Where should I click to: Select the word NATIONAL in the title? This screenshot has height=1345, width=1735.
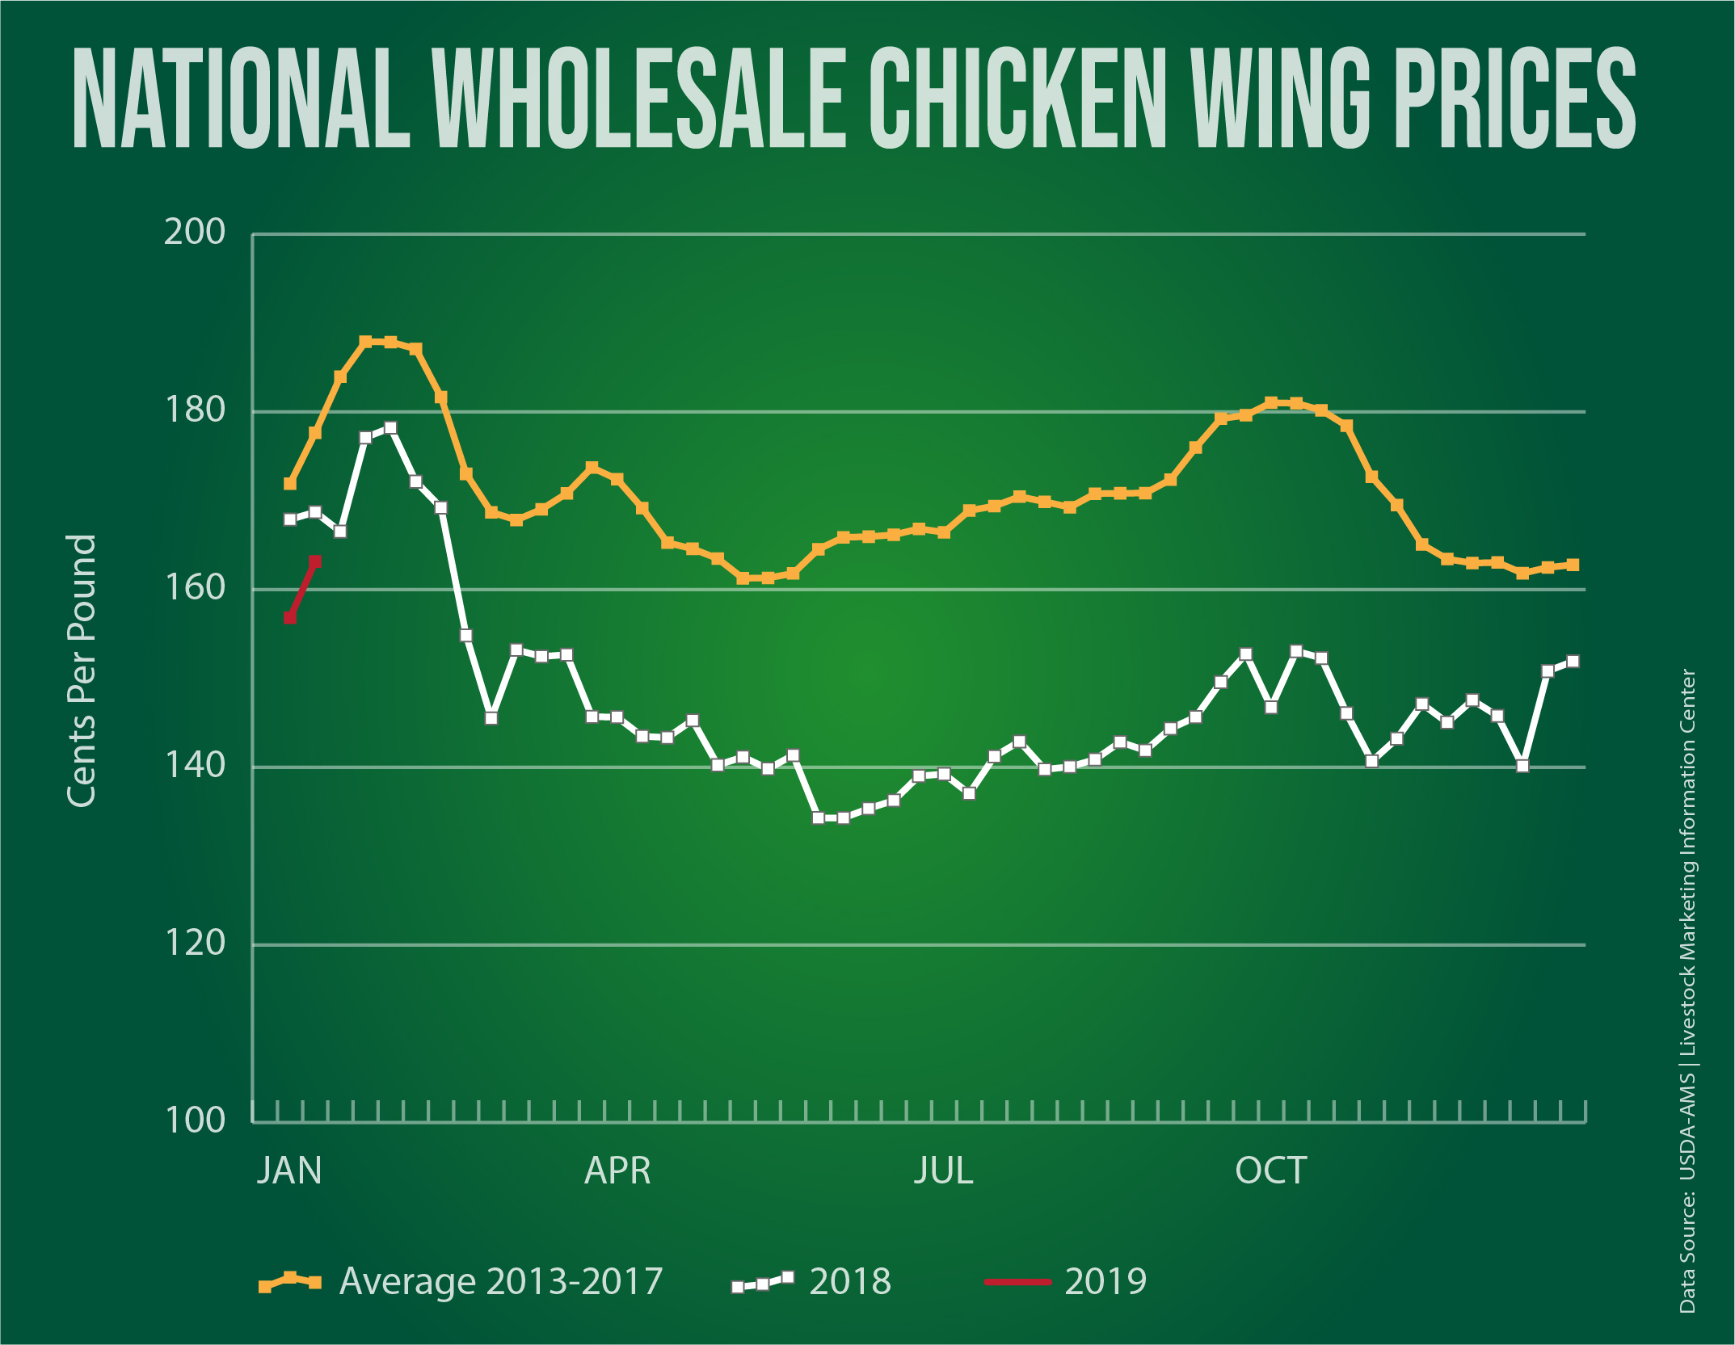pos(241,99)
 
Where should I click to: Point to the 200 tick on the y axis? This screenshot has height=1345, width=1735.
pos(195,233)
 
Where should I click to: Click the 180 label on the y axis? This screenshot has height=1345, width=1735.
pos(195,410)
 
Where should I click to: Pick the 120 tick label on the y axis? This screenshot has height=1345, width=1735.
pos(195,943)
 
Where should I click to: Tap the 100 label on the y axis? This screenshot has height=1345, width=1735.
pos(195,1120)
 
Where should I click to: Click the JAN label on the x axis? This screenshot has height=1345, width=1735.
pos(289,1171)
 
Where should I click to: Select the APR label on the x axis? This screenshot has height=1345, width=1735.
pos(617,1171)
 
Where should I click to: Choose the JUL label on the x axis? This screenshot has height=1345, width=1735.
pos(943,1171)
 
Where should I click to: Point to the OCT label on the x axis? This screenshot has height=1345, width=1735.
pos(1270,1171)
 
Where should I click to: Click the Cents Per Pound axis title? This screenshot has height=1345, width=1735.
pos(82,670)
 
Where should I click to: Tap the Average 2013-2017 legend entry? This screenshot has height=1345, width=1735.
pos(461,1281)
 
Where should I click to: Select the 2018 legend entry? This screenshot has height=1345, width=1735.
pos(812,1281)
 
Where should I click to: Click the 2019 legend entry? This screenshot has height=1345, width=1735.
pos(1067,1281)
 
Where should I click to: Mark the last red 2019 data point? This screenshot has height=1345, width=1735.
pos(315,561)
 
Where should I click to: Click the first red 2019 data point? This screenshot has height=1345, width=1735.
pos(290,618)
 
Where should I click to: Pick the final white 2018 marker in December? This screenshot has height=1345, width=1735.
pos(1573,662)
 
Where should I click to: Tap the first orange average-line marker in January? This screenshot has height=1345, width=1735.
pos(290,484)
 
